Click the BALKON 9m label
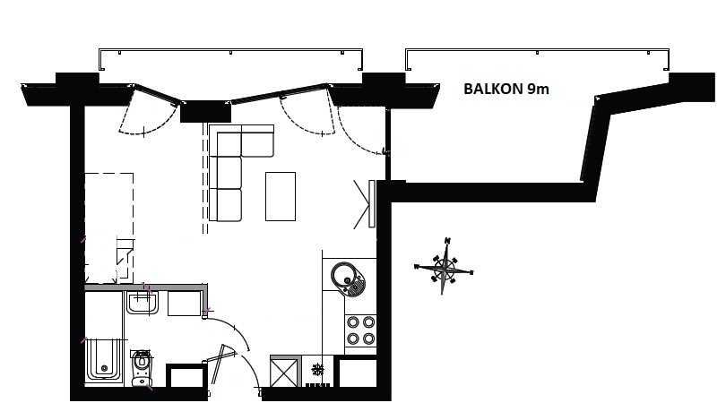click(506, 89)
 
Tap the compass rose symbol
click(444, 266)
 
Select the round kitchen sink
click(348, 278)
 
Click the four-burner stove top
click(360, 330)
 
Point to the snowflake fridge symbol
click(317, 370)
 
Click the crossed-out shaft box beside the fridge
click(284, 373)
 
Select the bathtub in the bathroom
click(104, 359)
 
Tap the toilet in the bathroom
click(142, 368)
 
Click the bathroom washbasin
click(143, 303)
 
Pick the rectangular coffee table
click(281, 196)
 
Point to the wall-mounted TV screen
click(371, 204)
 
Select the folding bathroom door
click(221, 364)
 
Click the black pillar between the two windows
click(205, 111)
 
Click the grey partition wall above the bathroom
click(147, 287)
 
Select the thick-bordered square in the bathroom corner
click(186, 375)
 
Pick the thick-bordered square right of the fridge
click(358, 373)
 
